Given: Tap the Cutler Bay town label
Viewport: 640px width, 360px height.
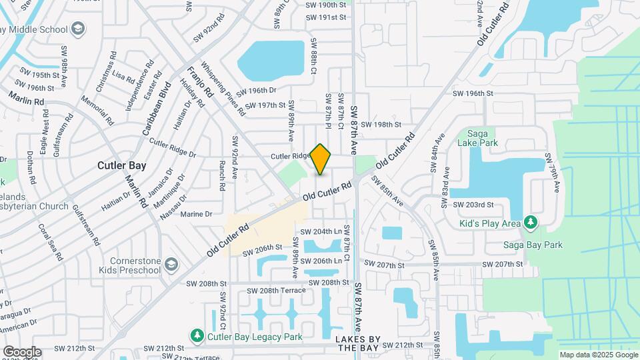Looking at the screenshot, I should (x=121, y=165).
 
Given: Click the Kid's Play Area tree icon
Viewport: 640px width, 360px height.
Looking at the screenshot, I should (x=530, y=221).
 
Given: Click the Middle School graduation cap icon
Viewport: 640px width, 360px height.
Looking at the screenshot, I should (x=79, y=29).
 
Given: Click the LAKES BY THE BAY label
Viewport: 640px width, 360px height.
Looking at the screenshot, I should (x=358, y=344).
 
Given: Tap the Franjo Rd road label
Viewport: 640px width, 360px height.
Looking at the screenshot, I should (x=199, y=82).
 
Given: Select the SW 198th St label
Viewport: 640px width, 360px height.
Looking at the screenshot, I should (x=381, y=124).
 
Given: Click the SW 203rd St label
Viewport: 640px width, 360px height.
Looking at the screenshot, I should (x=473, y=205).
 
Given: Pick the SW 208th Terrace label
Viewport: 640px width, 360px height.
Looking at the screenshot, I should (x=276, y=291).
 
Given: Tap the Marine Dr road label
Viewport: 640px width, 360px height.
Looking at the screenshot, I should (x=196, y=214).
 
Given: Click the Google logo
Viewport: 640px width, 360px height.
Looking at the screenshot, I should (x=22, y=351).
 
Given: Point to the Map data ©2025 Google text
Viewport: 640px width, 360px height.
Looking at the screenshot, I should (x=597, y=355).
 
